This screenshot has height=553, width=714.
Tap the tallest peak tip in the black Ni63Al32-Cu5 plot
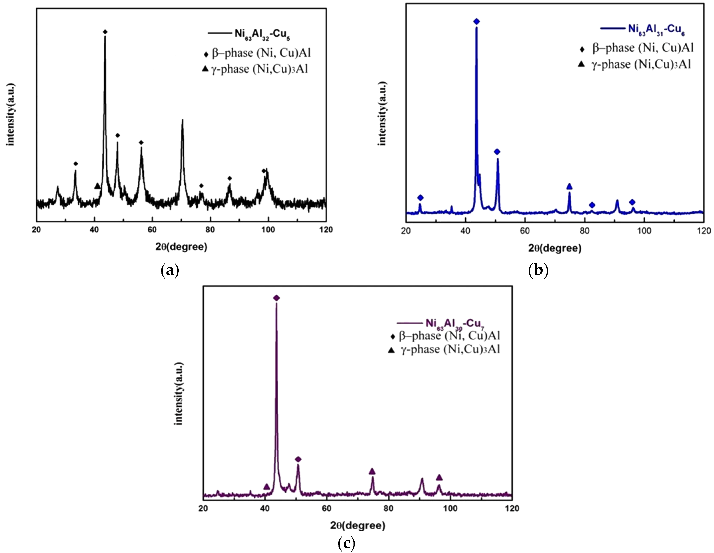click(105, 37)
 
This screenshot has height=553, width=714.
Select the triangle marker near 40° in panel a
click(97, 186)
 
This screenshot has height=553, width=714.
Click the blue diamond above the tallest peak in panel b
click(476, 22)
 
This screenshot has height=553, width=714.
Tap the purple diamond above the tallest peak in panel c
click(276, 298)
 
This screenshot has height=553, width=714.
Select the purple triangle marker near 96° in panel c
click(439, 478)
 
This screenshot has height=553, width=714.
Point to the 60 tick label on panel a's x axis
click(152, 230)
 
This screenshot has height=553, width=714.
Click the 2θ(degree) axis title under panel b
click(555, 248)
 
